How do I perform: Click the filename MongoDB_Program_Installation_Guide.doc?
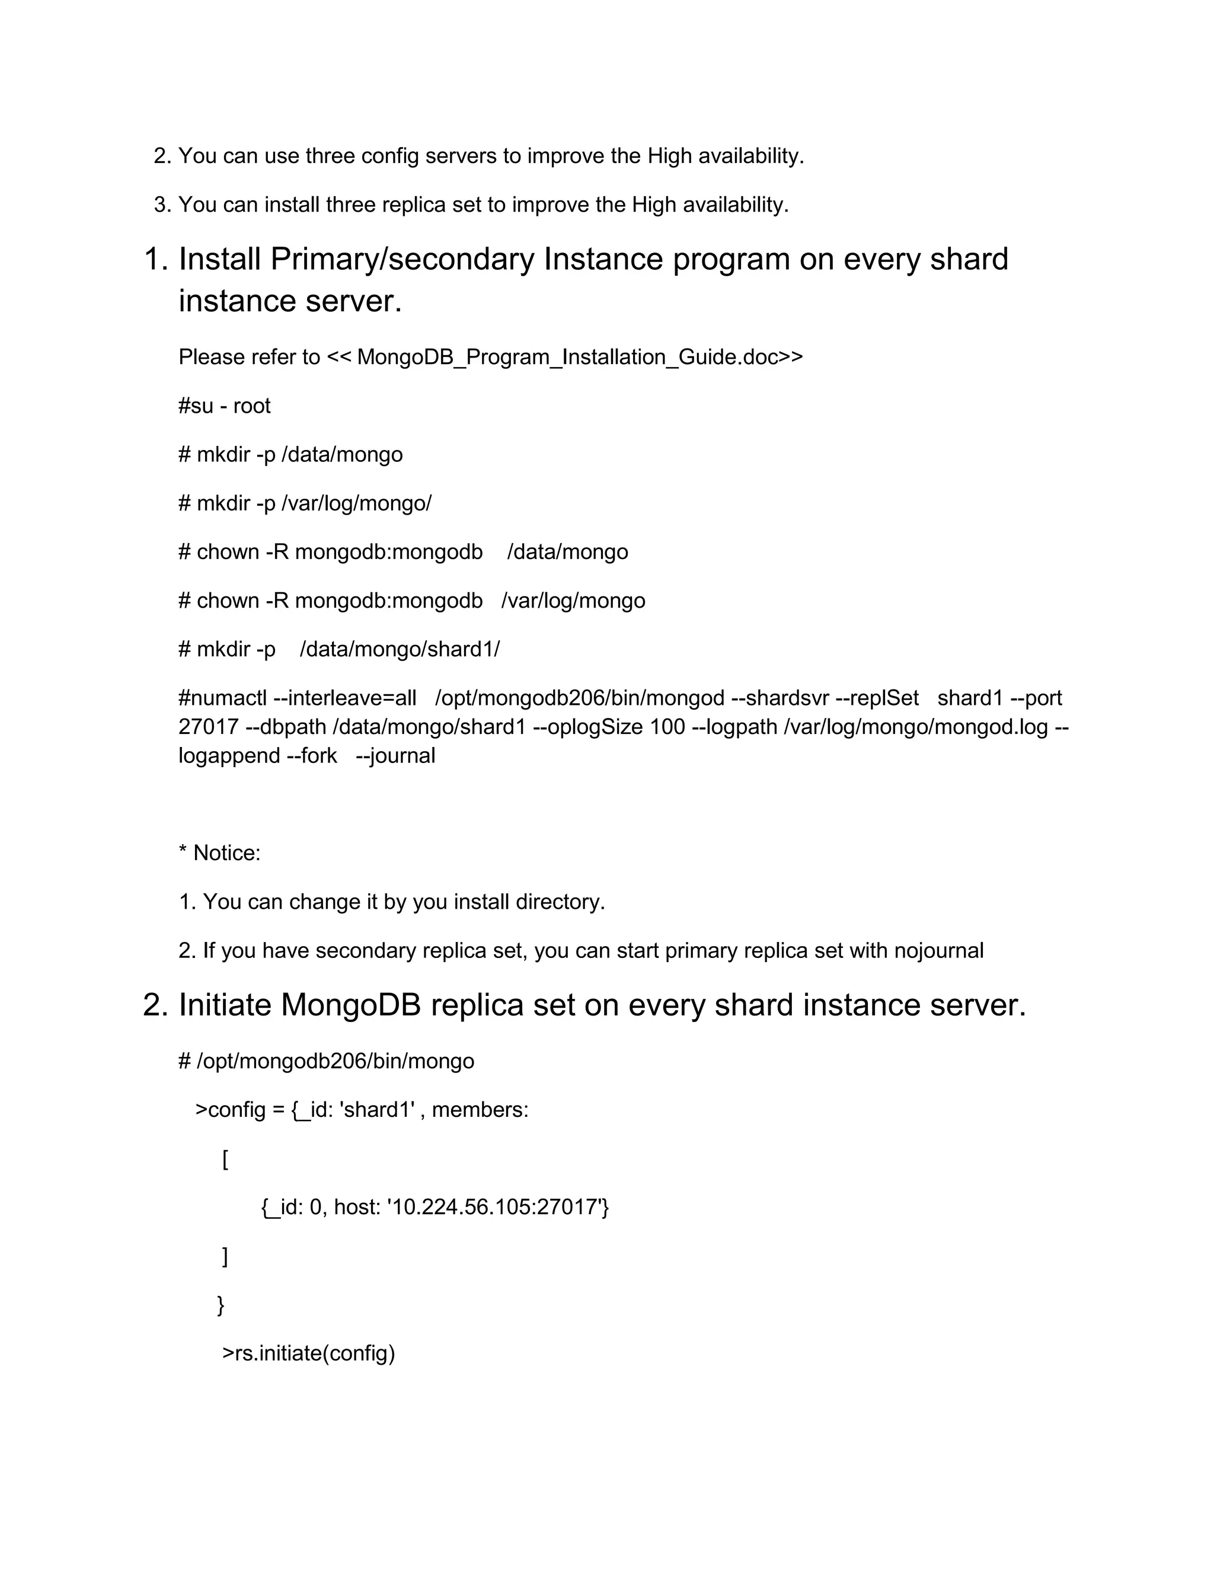tap(568, 357)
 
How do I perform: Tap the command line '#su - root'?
tap(225, 405)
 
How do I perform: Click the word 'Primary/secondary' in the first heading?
tap(402, 259)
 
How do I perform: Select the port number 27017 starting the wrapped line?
tap(209, 727)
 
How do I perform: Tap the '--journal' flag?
tap(395, 755)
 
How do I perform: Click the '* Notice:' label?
tap(219, 853)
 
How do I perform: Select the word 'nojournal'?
tap(938, 950)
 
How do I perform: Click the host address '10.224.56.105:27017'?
tap(497, 1206)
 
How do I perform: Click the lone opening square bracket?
tap(225, 1159)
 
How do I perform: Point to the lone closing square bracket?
tap(225, 1256)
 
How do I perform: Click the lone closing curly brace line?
tap(221, 1304)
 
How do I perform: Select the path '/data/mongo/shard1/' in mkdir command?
tap(399, 649)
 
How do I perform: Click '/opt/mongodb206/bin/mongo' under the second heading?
tap(335, 1061)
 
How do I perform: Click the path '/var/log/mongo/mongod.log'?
tap(915, 727)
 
